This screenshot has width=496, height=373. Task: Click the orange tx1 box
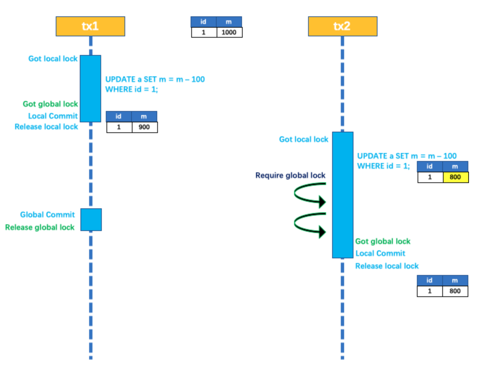(90, 26)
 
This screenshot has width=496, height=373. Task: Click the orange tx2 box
(342, 26)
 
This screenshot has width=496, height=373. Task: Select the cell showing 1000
(229, 32)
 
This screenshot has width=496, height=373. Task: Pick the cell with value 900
(144, 127)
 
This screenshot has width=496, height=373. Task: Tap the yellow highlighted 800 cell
(455, 177)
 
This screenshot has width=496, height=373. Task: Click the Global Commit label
(47, 215)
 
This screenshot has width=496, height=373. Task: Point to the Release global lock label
(40, 227)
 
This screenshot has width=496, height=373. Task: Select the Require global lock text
(290, 175)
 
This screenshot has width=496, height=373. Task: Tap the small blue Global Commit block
(91, 220)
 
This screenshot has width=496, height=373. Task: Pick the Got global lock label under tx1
(50, 104)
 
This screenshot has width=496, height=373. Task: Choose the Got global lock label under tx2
(383, 241)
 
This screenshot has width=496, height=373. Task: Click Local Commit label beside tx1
(53, 116)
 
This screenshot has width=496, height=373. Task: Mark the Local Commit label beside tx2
(380, 253)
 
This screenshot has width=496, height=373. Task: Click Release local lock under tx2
(387, 266)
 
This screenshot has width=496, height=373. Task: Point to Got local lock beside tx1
(53, 59)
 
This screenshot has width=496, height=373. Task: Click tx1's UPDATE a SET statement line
(155, 79)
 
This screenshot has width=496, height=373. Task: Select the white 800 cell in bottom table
(455, 291)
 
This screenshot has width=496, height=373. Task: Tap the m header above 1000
(229, 22)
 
